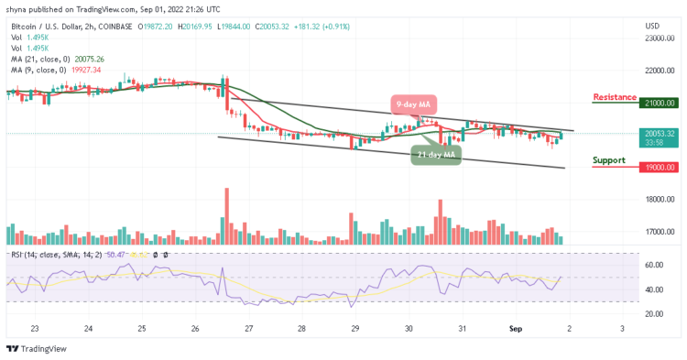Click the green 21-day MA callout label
coord(435,155)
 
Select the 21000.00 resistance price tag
coord(659,104)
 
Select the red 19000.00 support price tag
coord(659,168)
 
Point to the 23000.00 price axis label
coord(659,38)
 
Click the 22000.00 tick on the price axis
coord(659,71)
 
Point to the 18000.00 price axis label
coord(659,200)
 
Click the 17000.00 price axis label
coord(659,232)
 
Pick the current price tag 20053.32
coord(659,133)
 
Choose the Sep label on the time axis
coord(515,328)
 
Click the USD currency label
coord(652,25)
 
